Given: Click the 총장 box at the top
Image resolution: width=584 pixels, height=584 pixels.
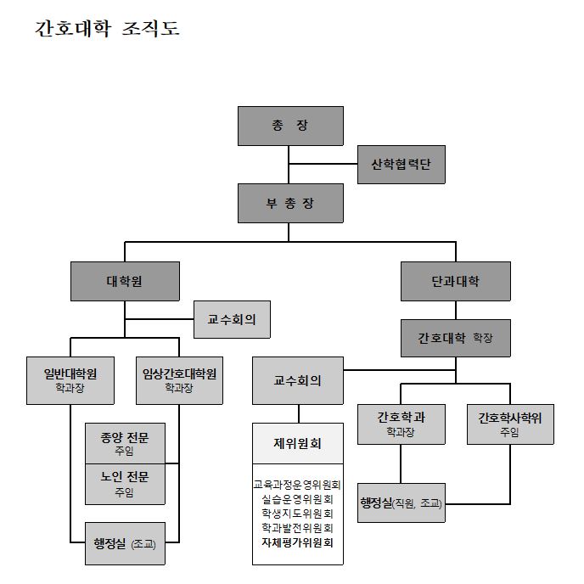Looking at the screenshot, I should tap(290, 126).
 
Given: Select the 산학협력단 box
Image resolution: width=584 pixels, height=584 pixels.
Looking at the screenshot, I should tap(401, 165).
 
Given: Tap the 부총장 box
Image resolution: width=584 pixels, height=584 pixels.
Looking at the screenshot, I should tap(290, 203).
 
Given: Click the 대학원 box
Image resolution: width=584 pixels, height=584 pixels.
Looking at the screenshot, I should tap(125, 281).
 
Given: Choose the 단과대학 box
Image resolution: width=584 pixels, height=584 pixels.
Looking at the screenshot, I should tap(456, 281).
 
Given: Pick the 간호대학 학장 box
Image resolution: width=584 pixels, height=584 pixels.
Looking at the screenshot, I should tap(456, 338).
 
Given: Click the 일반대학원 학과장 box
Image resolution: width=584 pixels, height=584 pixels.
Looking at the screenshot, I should tap(70, 379).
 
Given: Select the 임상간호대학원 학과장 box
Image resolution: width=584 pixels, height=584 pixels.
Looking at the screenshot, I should tap(179, 379).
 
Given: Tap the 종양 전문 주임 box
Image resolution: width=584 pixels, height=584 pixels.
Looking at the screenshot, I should tap(125, 443).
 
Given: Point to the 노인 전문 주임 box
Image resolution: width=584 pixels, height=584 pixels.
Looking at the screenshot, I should tap(125, 484).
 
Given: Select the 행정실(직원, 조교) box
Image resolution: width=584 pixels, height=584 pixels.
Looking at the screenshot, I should tap(401, 504).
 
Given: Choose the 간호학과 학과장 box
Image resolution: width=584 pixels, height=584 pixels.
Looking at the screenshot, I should tap(401, 423).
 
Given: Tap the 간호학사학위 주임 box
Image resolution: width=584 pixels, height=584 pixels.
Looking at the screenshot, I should tap(510, 423).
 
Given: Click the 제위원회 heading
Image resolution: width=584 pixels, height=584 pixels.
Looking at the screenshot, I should tap(298, 443).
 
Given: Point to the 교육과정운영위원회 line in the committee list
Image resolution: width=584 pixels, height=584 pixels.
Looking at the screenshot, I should tap(298, 485).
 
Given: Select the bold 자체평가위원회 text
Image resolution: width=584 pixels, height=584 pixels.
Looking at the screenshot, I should tap(298, 542).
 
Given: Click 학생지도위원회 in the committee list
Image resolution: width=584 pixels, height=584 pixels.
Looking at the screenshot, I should tap(298, 514).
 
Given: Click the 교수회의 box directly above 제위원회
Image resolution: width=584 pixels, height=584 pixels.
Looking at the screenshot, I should tap(298, 380).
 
